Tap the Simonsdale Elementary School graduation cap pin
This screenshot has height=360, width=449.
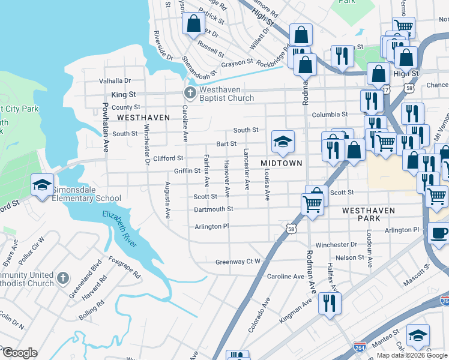(43, 185)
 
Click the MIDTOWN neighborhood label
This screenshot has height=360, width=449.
(280, 163)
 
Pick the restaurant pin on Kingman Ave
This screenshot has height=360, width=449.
(330, 301)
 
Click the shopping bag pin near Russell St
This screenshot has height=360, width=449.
(193, 25)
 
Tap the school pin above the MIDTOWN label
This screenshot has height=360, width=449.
(283, 142)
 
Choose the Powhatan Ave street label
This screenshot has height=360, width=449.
(105, 130)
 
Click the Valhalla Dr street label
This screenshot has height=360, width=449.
(110, 80)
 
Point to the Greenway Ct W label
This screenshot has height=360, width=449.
(238, 262)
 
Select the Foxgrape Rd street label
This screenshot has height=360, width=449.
(124, 268)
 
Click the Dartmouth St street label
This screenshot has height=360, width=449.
(213, 209)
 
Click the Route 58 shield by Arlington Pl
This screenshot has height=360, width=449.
(291, 229)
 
